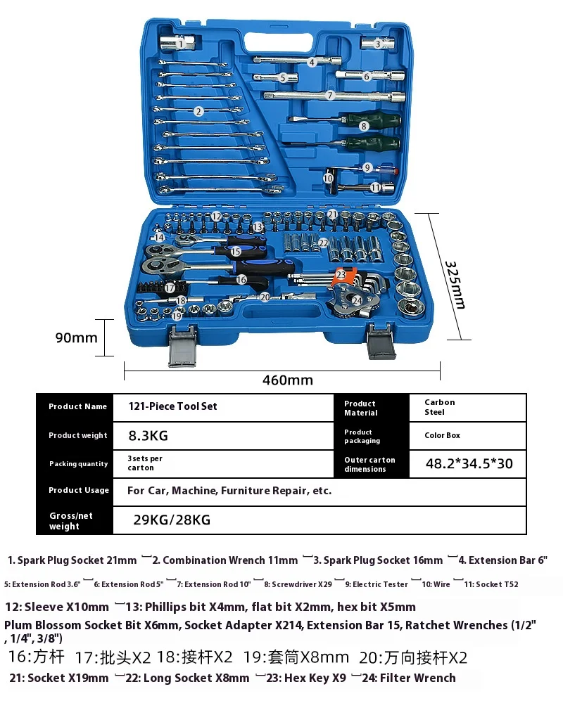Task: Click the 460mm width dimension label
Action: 287,380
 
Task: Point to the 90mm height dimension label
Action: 76,337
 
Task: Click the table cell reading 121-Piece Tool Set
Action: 172,406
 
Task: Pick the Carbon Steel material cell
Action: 439,407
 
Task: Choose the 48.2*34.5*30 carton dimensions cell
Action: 469,464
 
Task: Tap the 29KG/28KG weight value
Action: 172,520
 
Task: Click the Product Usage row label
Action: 78,490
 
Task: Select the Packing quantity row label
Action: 78,464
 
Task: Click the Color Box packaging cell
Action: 442,435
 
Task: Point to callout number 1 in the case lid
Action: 181,44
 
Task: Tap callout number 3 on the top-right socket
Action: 378,44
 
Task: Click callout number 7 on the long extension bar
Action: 330,94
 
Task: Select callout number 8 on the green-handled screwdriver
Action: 364,127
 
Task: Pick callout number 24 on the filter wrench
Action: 357,300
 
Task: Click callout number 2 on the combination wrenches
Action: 199,111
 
